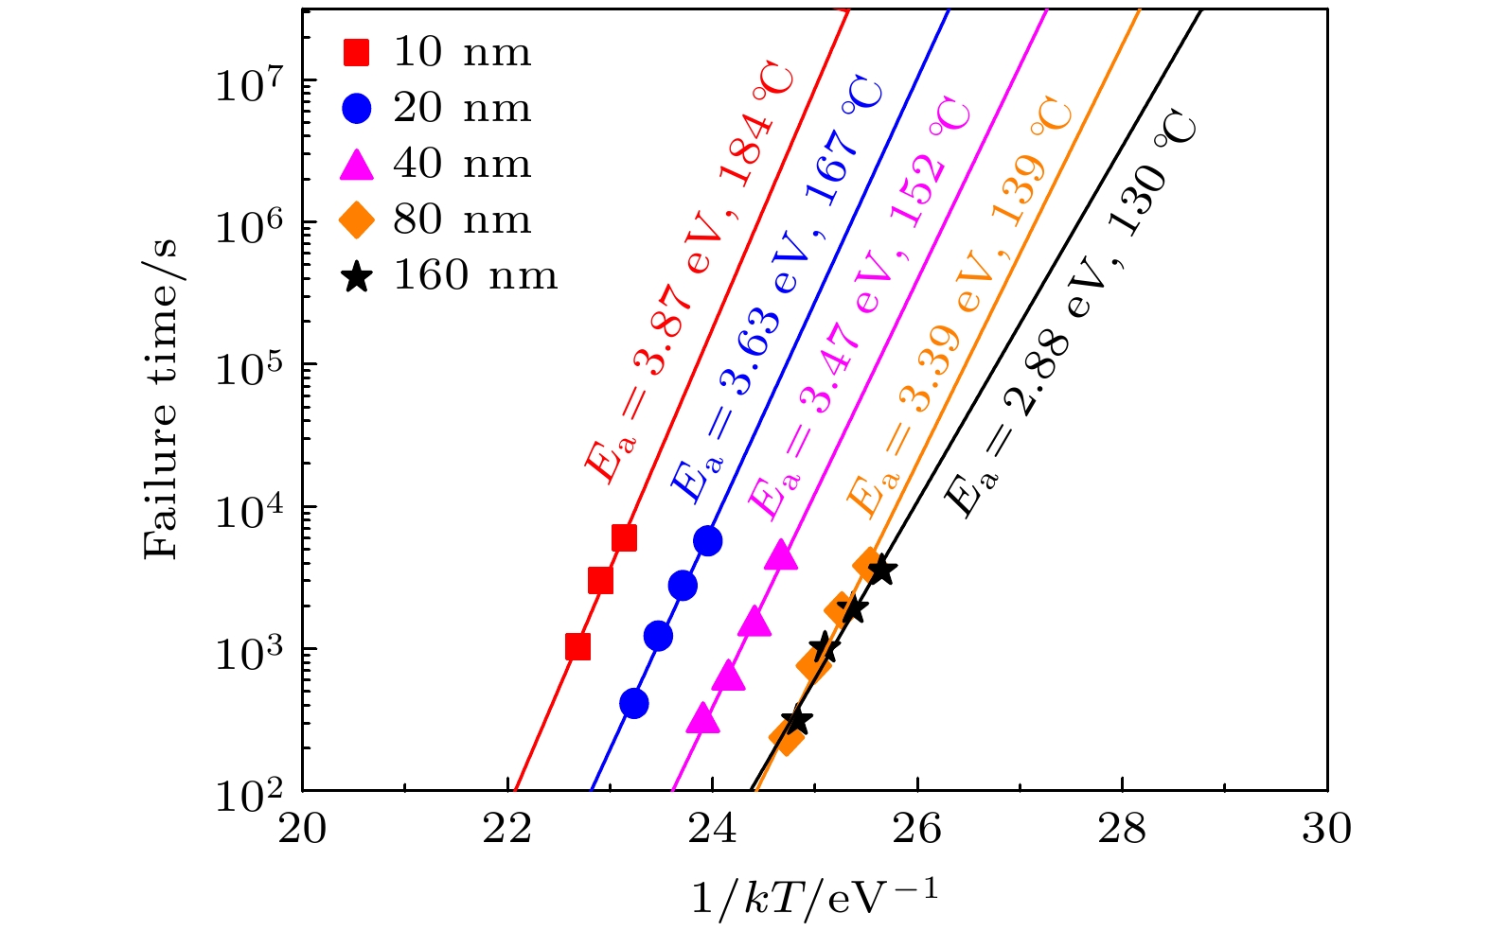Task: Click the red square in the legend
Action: point(356,53)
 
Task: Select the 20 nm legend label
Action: point(462,108)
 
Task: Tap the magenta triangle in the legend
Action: point(356,164)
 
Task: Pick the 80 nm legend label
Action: point(462,220)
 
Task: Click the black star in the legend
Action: point(356,276)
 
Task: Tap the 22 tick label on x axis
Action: point(506,829)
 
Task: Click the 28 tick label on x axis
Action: point(1122,829)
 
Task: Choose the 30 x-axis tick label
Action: point(1326,829)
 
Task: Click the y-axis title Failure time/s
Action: point(161,397)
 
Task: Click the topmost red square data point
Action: point(624,538)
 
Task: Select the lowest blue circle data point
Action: point(634,703)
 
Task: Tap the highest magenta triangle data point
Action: point(782,555)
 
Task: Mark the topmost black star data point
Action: point(881,571)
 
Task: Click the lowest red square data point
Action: point(577,647)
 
